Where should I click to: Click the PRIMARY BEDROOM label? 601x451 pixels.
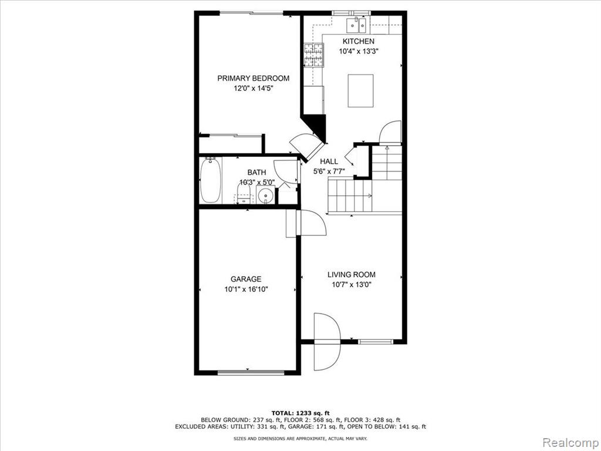tap(254, 78)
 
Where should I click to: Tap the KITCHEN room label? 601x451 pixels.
tap(359, 42)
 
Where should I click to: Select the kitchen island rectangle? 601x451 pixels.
tap(361, 91)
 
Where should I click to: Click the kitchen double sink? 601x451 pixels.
tap(357, 25)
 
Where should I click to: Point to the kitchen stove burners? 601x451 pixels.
tap(314, 55)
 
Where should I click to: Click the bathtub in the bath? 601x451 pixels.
tap(211, 180)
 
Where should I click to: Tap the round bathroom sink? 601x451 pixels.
tap(265, 196)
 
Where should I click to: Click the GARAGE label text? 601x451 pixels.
tap(246, 279)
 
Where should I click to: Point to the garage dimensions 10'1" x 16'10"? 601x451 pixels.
tap(246, 290)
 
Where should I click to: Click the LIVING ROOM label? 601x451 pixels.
tap(352, 275)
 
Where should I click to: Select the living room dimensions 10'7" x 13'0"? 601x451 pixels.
tap(352, 285)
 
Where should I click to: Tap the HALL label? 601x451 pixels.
tap(329, 161)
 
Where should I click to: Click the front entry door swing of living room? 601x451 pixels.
tap(327, 342)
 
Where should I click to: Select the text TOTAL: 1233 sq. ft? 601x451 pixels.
tap(300, 413)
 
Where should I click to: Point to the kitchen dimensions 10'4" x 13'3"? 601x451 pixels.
tap(359, 52)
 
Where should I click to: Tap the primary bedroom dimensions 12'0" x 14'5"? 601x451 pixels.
tap(254, 89)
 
